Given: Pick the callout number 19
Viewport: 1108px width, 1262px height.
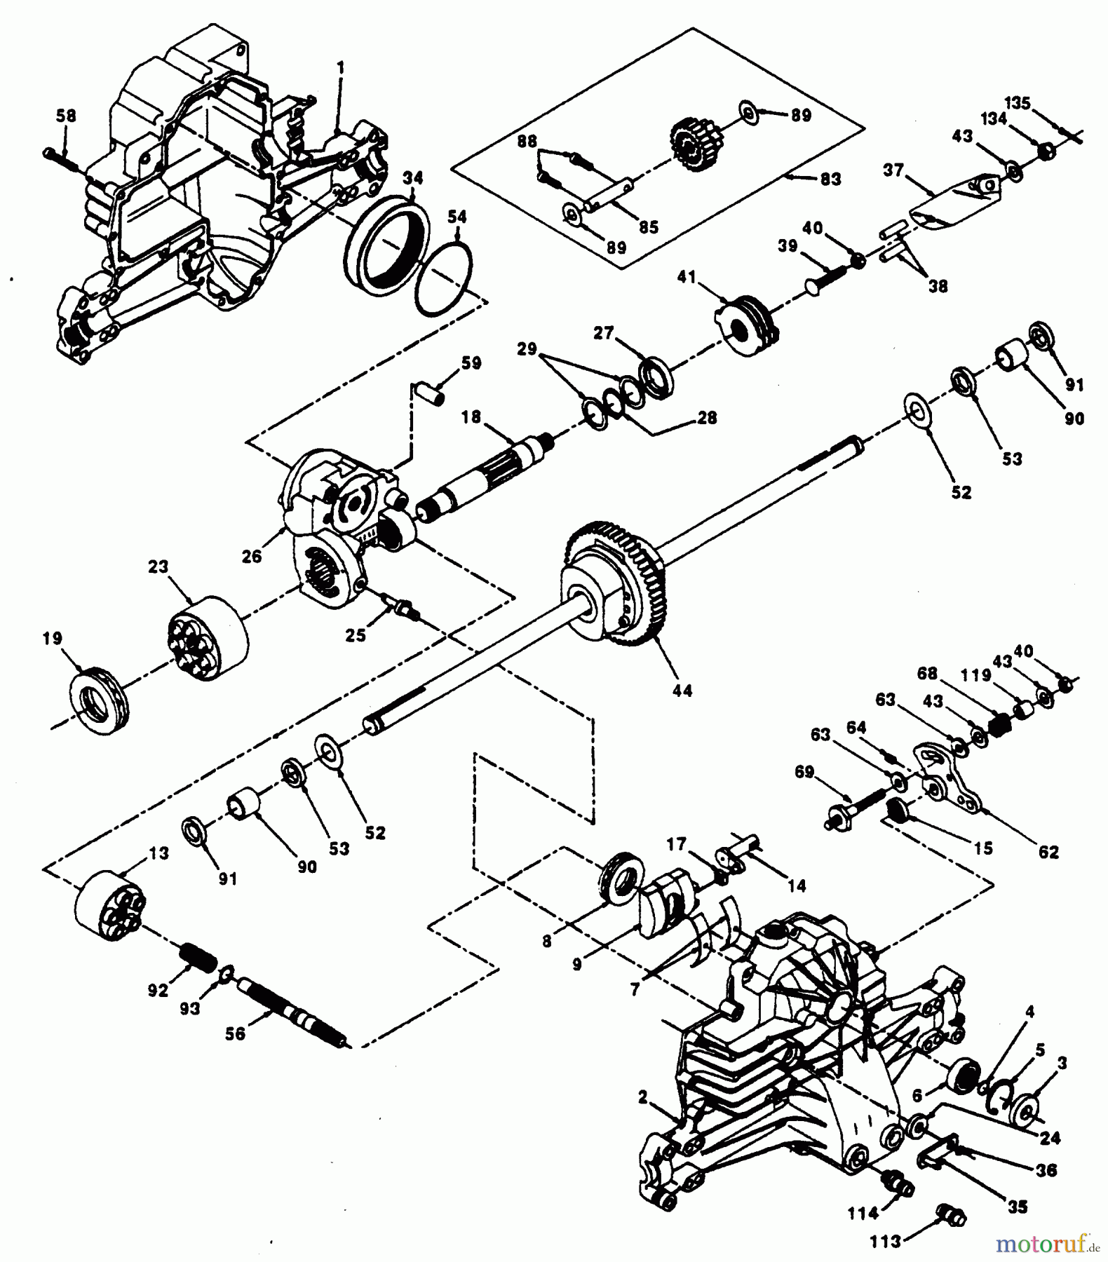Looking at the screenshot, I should [x=52, y=639].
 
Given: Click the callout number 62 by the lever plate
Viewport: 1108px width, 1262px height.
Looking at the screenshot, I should [x=1048, y=853].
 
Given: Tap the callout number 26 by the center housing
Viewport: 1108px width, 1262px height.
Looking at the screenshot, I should [x=251, y=556].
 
